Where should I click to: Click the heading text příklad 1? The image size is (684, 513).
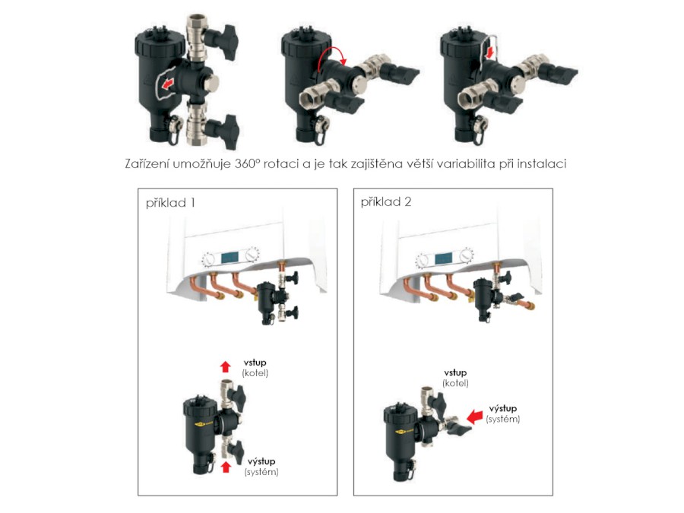click(x=170, y=203)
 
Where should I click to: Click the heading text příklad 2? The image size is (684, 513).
click(x=386, y=202)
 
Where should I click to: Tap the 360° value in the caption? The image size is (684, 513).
click(x=247, y=163)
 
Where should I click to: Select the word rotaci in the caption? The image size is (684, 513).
click(x=281, y=163)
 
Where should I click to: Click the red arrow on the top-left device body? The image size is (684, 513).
click(x=167, y=84)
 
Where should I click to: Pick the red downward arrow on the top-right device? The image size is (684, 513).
click(x=490, y=52)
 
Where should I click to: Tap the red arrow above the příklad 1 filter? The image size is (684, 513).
click(x=225, y=366)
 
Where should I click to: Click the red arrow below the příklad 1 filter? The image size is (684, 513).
click(x=226, y=467)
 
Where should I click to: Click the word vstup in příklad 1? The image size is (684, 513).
click(x=255, y=363)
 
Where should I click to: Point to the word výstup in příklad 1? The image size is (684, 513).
click(x=261, y=461)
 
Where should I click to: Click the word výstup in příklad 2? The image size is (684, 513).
click(x=502, y=409)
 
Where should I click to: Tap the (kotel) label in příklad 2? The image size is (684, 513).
click(x=455, y=383)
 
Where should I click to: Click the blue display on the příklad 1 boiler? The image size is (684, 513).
click(x=230, y=258)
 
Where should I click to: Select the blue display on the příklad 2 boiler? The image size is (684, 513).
click(x=444, y=258)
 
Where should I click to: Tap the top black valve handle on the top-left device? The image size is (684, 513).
click(x=223, y=42)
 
